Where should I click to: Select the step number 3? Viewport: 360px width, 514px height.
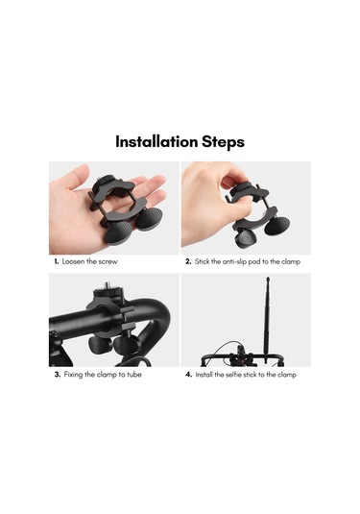[x=57, y=375]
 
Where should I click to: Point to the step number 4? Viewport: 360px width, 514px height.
[x=188, y=375]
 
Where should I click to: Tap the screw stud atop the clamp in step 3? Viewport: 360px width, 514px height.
[x=106, y=288]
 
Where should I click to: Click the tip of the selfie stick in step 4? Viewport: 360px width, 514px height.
[x=266, y=281]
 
